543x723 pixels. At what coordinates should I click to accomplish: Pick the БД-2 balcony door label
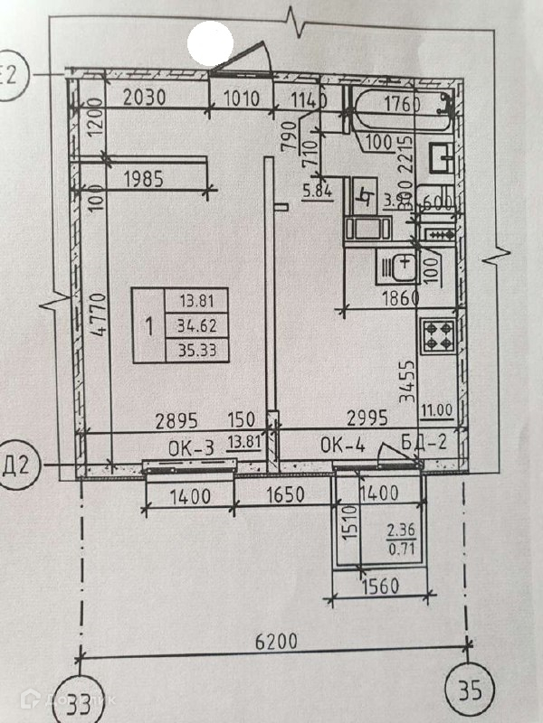pyautogui.click(x=424, y=443)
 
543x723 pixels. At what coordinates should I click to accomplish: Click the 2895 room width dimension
pyautogui.click(x=177, y=419)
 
